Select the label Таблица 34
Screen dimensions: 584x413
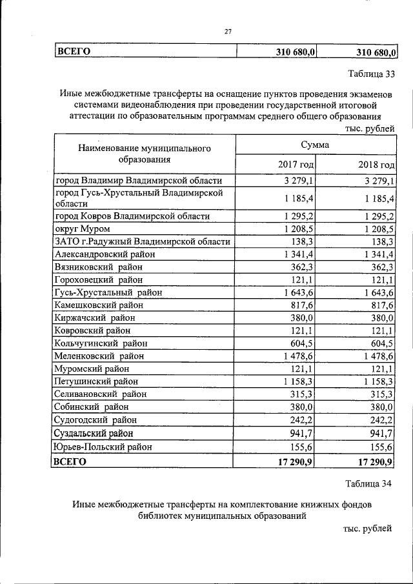pos(368,483)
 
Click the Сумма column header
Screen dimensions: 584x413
pos(314,145)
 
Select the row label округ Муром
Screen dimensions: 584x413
pos(83,228)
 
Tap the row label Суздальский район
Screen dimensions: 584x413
pos(95,433)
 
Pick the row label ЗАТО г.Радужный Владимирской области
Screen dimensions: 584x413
pos(143,241)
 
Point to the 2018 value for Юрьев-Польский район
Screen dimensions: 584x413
pos(381,446)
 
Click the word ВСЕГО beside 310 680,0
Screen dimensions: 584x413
pos(73,51)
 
